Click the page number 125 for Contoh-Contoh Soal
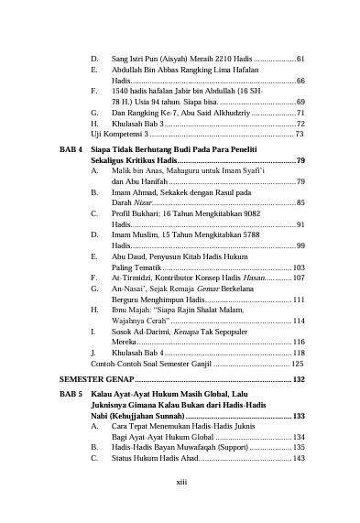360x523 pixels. click(x=297, y=364)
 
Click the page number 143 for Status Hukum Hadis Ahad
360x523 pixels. click(x=299, y=458)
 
